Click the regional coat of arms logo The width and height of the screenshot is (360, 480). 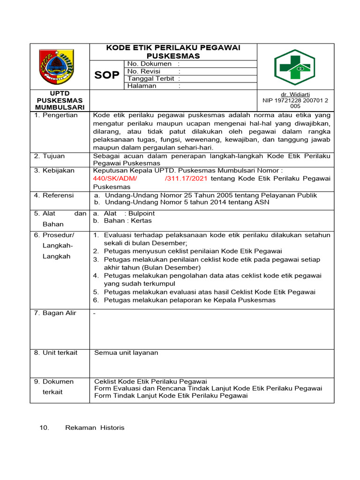click(x=60, y=66)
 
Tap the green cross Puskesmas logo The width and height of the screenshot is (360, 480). click(x=295, y=67)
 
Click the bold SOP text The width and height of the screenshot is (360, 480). click(x=107, y=75)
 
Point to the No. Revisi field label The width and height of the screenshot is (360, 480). click(x=144, y=71)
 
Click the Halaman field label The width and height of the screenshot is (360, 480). click(x=142, y=86)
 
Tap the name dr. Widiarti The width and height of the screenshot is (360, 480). click(x=295, y=94)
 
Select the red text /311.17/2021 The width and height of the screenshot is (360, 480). click(x=186, y=179)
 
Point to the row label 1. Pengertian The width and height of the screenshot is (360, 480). click(x=56, y=115)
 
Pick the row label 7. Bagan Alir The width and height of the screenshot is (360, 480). click(x=55, y=313)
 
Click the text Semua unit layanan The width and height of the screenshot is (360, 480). click(x=126, y=352)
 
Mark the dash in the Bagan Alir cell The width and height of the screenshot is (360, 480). click(x=95, y=313)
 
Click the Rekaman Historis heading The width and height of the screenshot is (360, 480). click(x=95, y=427)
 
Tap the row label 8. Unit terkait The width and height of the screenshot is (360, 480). click(x=56, y=352)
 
